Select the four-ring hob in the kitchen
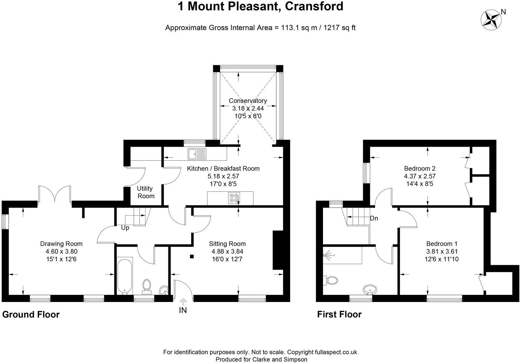tap(234, 198)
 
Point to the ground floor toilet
tap(147, 285)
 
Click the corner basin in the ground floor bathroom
tap(164, 290)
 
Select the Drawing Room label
tap(61, 244)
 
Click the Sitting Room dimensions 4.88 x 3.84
tap(227, 251)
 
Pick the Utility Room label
tap(145, 192)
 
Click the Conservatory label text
tap(247, 101)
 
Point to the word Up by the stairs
tap(125, 228)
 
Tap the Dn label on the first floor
tap(374, 218)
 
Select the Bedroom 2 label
tap(419, 169)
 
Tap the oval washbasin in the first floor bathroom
tap(370, 289)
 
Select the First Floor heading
tap(339, 314)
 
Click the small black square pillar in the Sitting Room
tap(192, 256)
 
